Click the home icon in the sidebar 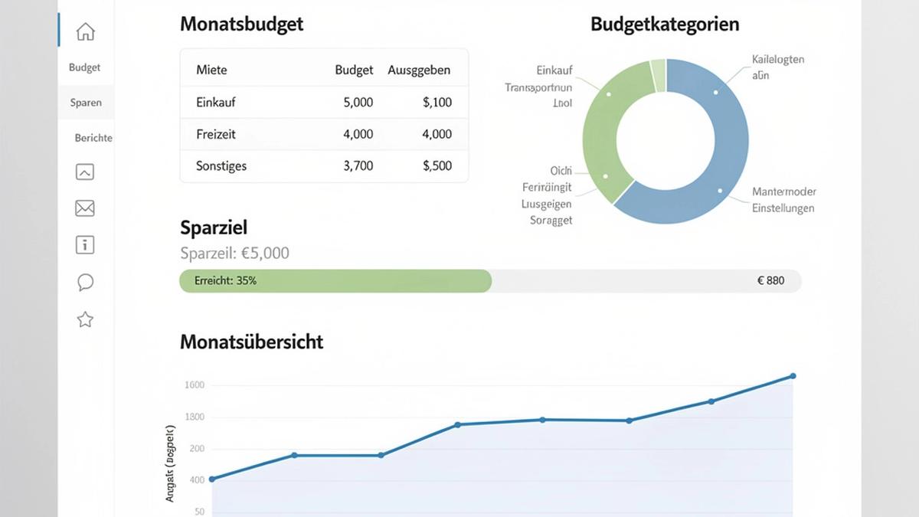tap(85, 32)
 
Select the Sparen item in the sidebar tap(86, 103)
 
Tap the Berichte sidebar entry tap(93, 138)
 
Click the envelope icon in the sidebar tap(85, 208)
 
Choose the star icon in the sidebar tap(85, 319)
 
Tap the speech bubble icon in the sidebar tap(85, 283)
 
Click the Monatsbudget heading tap(241, 24)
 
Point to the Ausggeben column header tap(419, 70)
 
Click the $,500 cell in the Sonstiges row tap(437, 165)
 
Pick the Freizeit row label tap(216, 134)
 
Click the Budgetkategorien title tap(665, 24)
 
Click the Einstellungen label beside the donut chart tap(783, 208)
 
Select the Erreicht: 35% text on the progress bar tap(225, 281)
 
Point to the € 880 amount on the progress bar tap(770, 280)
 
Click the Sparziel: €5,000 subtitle tap(234, 253)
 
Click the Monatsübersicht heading tap(251, 342)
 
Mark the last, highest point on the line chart tap(793, 376)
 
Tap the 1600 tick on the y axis tap(195, 385)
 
